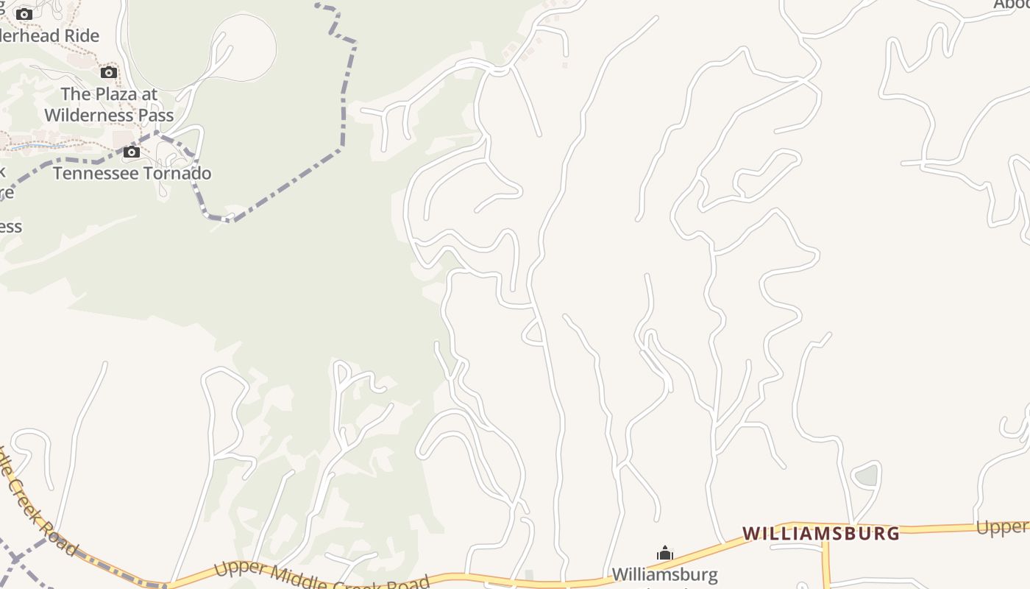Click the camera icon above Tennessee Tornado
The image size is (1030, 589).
[132, 152]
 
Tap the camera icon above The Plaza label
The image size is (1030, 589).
[109, 72]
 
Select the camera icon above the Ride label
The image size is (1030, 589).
[24, 14]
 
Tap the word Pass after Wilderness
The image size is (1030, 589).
[156, 116]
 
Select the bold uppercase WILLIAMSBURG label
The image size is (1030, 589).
[820, 533]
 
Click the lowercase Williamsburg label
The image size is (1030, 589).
[664, 574]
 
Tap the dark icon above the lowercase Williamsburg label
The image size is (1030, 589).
[665, 554]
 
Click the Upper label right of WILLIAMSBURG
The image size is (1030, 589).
[1002, 527]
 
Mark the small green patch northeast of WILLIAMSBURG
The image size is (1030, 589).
[867, 476]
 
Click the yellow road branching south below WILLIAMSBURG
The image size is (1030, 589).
[826, 563]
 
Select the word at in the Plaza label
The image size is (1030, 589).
[149, 94]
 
